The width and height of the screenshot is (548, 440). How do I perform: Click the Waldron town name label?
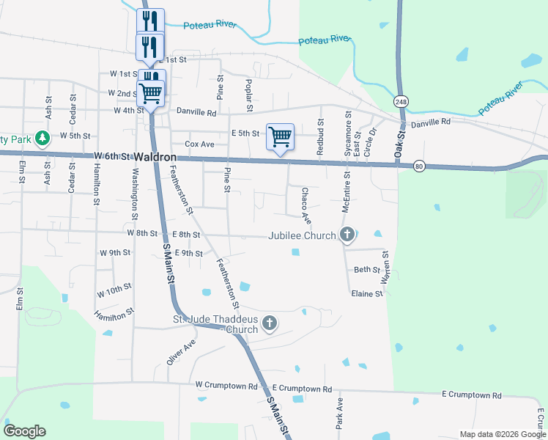pos(155,158)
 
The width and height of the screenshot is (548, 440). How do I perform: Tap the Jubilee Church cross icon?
pos(347,235)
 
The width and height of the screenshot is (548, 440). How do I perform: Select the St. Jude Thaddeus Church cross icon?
pos(270,323)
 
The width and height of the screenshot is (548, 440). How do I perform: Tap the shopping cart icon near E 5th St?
pos(280,136)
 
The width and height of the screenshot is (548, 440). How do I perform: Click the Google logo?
pos(24,431)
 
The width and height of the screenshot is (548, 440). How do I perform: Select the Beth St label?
pos(366,270)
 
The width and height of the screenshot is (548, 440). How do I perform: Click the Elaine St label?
pos(367,293)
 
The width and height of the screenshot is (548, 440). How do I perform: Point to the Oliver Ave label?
pos(180,352)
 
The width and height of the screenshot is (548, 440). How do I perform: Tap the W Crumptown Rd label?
pos(226,385)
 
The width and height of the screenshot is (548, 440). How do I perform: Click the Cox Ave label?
pos(199,144)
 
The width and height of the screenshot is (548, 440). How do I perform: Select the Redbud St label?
pos(320,136)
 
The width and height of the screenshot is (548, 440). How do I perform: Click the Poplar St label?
pos(250,91)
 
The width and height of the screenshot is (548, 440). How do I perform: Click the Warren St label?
pos(385,268)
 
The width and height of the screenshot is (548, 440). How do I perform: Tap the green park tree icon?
pos(42,137)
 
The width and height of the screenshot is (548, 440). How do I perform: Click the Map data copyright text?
pos(502,434)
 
